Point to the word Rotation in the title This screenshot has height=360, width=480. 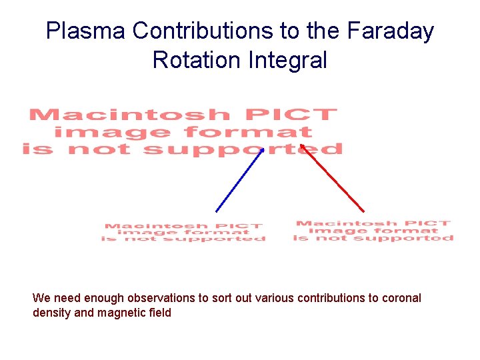pyautogui.click(x=197, y=60)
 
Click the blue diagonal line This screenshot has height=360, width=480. pyautogui.click(x=238, y=182)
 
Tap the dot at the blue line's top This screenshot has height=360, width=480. pyautogui.click(x=262, y=151)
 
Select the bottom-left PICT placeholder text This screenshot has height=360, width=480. pyautogui.click(x=183, y=233)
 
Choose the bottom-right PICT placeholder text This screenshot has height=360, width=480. pyautogui.click(x=373, y=231)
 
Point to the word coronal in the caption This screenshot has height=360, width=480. pyautogui.click(x=401, y=298)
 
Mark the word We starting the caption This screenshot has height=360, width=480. pyautogui.click(x=41, y=298)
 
